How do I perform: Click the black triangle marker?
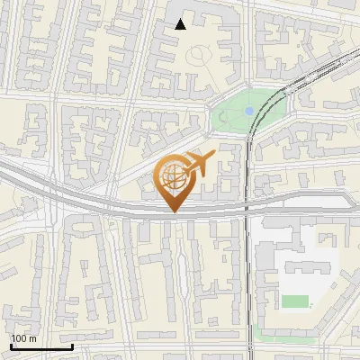[181, 24]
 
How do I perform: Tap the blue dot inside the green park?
[248, 111]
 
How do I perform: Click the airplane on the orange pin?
[199, 164]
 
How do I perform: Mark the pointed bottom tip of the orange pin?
[175, 211]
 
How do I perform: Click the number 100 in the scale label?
[19, 338]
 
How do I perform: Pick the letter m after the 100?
[32, 338]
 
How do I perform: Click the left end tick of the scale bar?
[11, 346]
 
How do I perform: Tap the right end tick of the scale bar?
[72, 346]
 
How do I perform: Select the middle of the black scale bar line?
[41, 346]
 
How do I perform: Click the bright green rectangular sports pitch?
[294, 301]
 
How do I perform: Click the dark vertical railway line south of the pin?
[247, 270]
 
